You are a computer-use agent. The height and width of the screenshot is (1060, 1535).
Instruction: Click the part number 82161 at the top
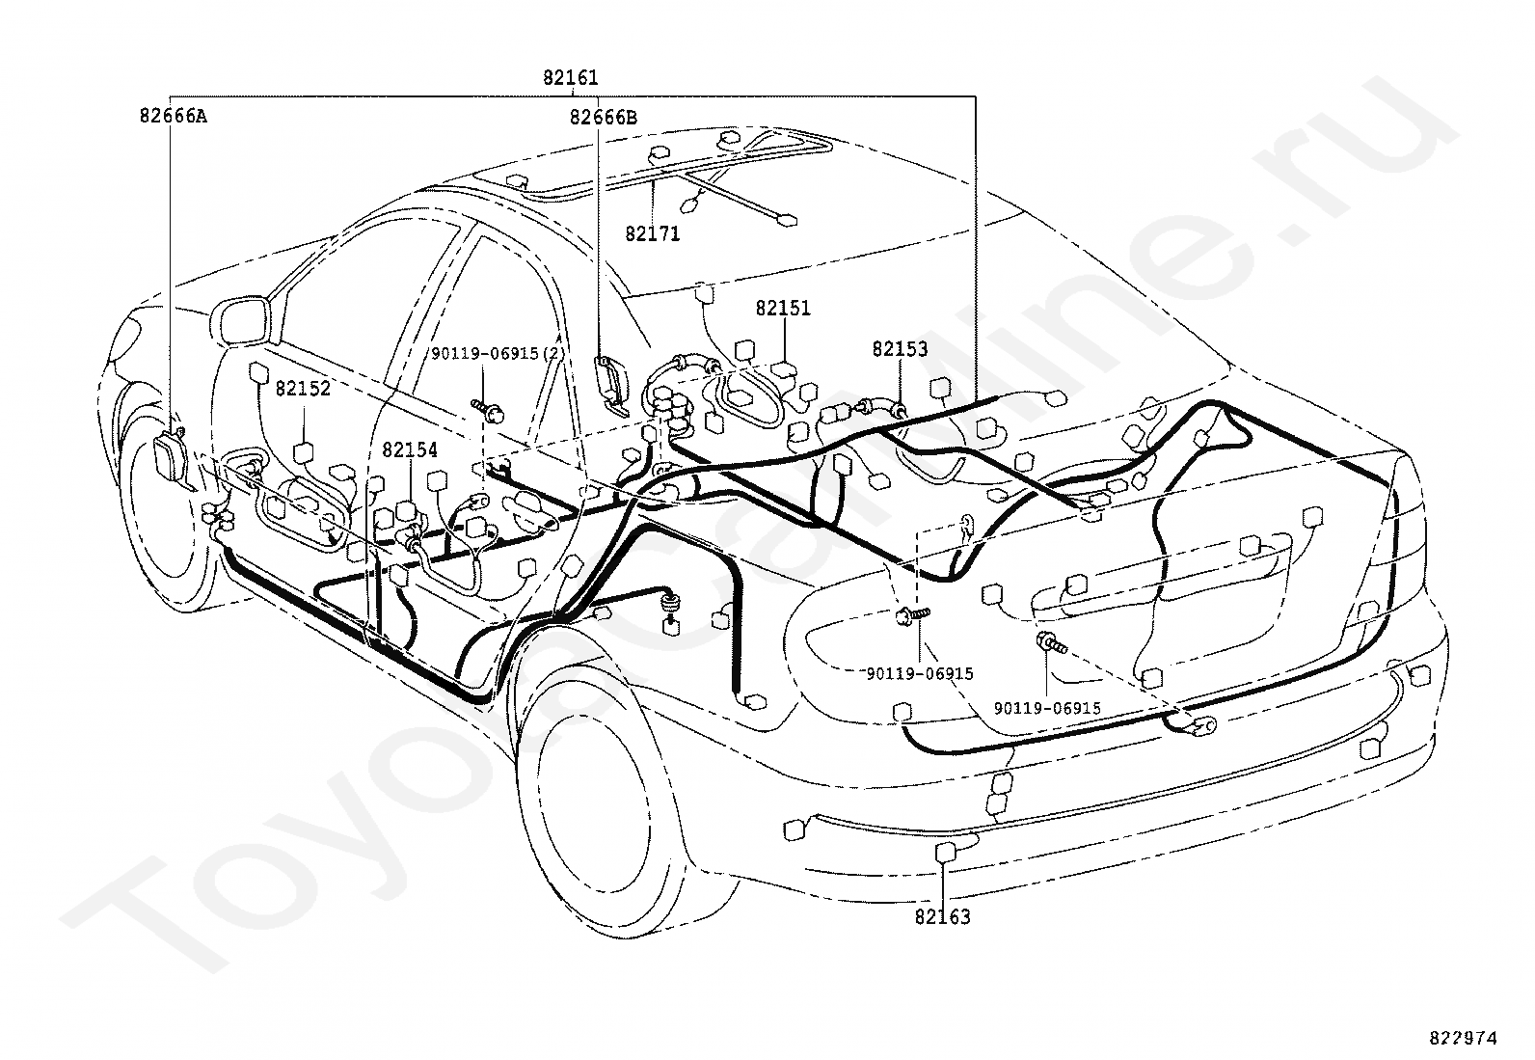pyautogui.click(x=570, y=78)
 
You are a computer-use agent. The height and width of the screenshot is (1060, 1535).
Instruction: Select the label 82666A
pyautogui.click(x=173, y=117)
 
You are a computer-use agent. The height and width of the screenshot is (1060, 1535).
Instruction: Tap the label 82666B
pyautogui.click(x=603, y=118)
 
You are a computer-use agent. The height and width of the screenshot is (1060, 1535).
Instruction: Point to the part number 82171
pyautogui.click(x=652, y=233)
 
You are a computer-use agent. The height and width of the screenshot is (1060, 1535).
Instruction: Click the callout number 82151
pyautogui.click(x=783, y=309)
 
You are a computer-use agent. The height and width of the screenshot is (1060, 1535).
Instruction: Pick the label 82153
pyautogui.click(x=900, y=349)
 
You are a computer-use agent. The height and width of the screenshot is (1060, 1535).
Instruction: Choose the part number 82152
pyautogui.click(x=303, y=389)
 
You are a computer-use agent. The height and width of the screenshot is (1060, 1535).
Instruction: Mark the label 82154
pyautogui.click(x=409, y=449)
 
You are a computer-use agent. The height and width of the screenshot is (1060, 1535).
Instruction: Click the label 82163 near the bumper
pyautogui.click(x=942, y=916)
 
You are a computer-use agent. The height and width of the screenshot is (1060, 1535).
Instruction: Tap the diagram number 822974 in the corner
pyautogui.click(x=1463, y=1038)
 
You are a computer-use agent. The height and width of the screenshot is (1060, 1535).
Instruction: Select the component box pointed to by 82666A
pyautogui.click(x=171, y=456)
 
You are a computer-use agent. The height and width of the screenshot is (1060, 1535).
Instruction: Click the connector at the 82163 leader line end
pyautogui.click(x=946, y=851)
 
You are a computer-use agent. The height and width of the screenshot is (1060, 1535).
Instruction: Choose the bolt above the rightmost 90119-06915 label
pyautogui.click(x=1048, y=641)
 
